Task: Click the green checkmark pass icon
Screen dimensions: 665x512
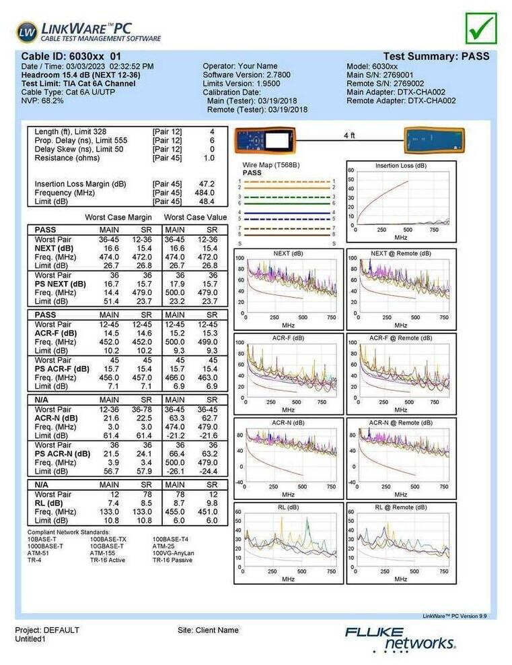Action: click(x=480, y=28)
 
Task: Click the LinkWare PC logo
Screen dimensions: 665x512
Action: click(x=88, y=32)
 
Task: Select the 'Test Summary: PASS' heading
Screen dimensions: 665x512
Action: click(x=436, y=57)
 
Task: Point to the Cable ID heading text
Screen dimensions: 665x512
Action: click(x=71, y=57)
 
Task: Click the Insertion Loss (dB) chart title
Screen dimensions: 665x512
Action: click(x=401, y=165)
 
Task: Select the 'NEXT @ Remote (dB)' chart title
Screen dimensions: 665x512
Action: click(x=401, y=253)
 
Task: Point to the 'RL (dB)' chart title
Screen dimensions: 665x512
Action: click(x=289, y=507)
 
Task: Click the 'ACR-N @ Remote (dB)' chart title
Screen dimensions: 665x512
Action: click(x=401, y=422)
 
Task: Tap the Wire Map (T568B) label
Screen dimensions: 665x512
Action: click(x=270, y=165)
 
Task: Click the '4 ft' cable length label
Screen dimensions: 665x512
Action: click(x=349, y=135)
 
